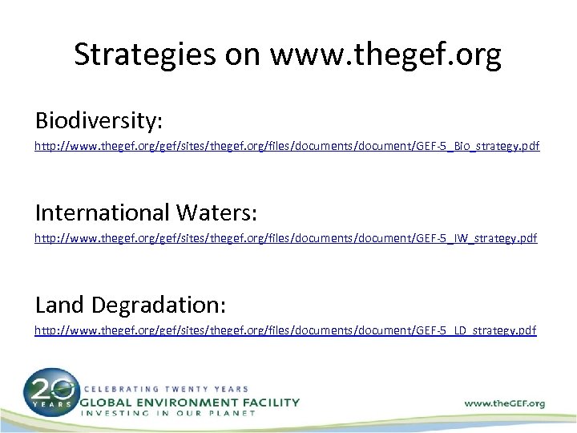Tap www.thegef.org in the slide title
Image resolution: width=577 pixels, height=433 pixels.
point(387,54)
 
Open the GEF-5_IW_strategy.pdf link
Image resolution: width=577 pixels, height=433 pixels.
point(286,239)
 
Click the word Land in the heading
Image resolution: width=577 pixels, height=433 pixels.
point(61,304)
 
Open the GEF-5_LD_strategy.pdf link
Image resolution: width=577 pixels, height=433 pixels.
point(286,330)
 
